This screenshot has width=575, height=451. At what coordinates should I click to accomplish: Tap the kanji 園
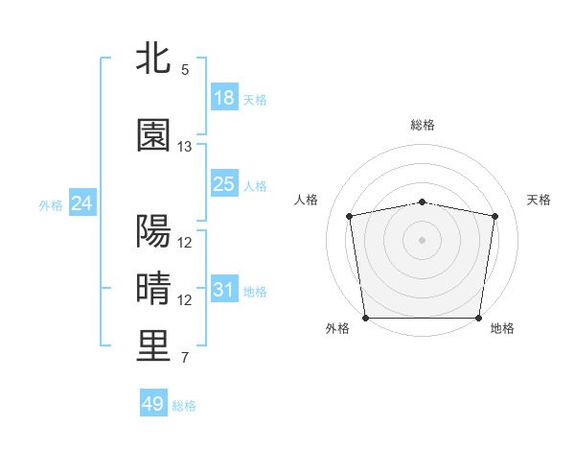point(153,136)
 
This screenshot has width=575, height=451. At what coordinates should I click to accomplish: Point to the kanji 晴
point(153,288)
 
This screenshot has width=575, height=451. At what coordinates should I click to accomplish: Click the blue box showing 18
point(224,98)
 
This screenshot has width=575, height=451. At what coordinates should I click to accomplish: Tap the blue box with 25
point(224,184)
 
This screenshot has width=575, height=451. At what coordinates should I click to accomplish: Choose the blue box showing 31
point(224,290)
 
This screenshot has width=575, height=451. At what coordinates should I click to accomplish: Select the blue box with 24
point(82,203)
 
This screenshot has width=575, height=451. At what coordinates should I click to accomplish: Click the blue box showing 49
point(153,404)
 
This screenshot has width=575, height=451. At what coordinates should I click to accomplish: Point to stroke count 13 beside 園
point(185,147)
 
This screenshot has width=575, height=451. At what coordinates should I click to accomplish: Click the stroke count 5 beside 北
point(184,70)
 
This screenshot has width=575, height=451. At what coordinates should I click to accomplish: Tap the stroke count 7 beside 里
point(184,358)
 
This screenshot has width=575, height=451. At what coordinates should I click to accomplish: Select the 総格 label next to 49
point(184,406)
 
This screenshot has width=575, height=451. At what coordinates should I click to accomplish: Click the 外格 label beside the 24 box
point(51,205)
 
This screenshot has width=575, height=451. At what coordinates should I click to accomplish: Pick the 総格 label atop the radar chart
point(423,125)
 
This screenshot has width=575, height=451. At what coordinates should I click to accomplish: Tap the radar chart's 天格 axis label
point(540,200)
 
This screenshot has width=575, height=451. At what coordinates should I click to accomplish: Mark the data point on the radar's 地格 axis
point(479,318)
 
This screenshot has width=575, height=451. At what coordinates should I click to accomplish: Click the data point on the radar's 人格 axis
point(350,216)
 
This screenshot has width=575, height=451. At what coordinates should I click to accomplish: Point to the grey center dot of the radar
point(423,239)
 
